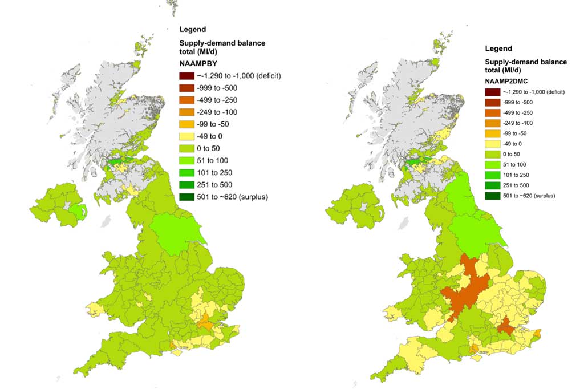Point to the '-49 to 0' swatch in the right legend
pos(492,144)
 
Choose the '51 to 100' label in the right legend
pos(517,164)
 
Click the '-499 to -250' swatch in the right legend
pos(492,112)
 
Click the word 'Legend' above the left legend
pos(192,29)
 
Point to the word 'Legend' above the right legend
pos(498,49)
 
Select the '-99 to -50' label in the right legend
pos(517,133)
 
